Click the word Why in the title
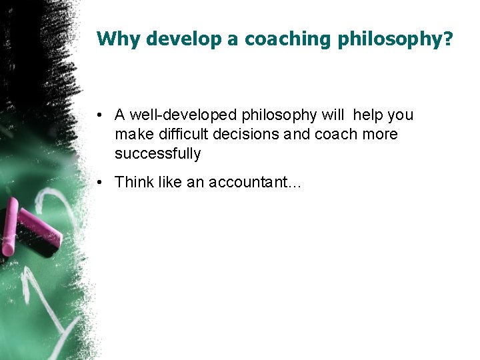pos(119,39)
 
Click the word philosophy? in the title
pos(395,39)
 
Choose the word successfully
pos(157,154)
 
